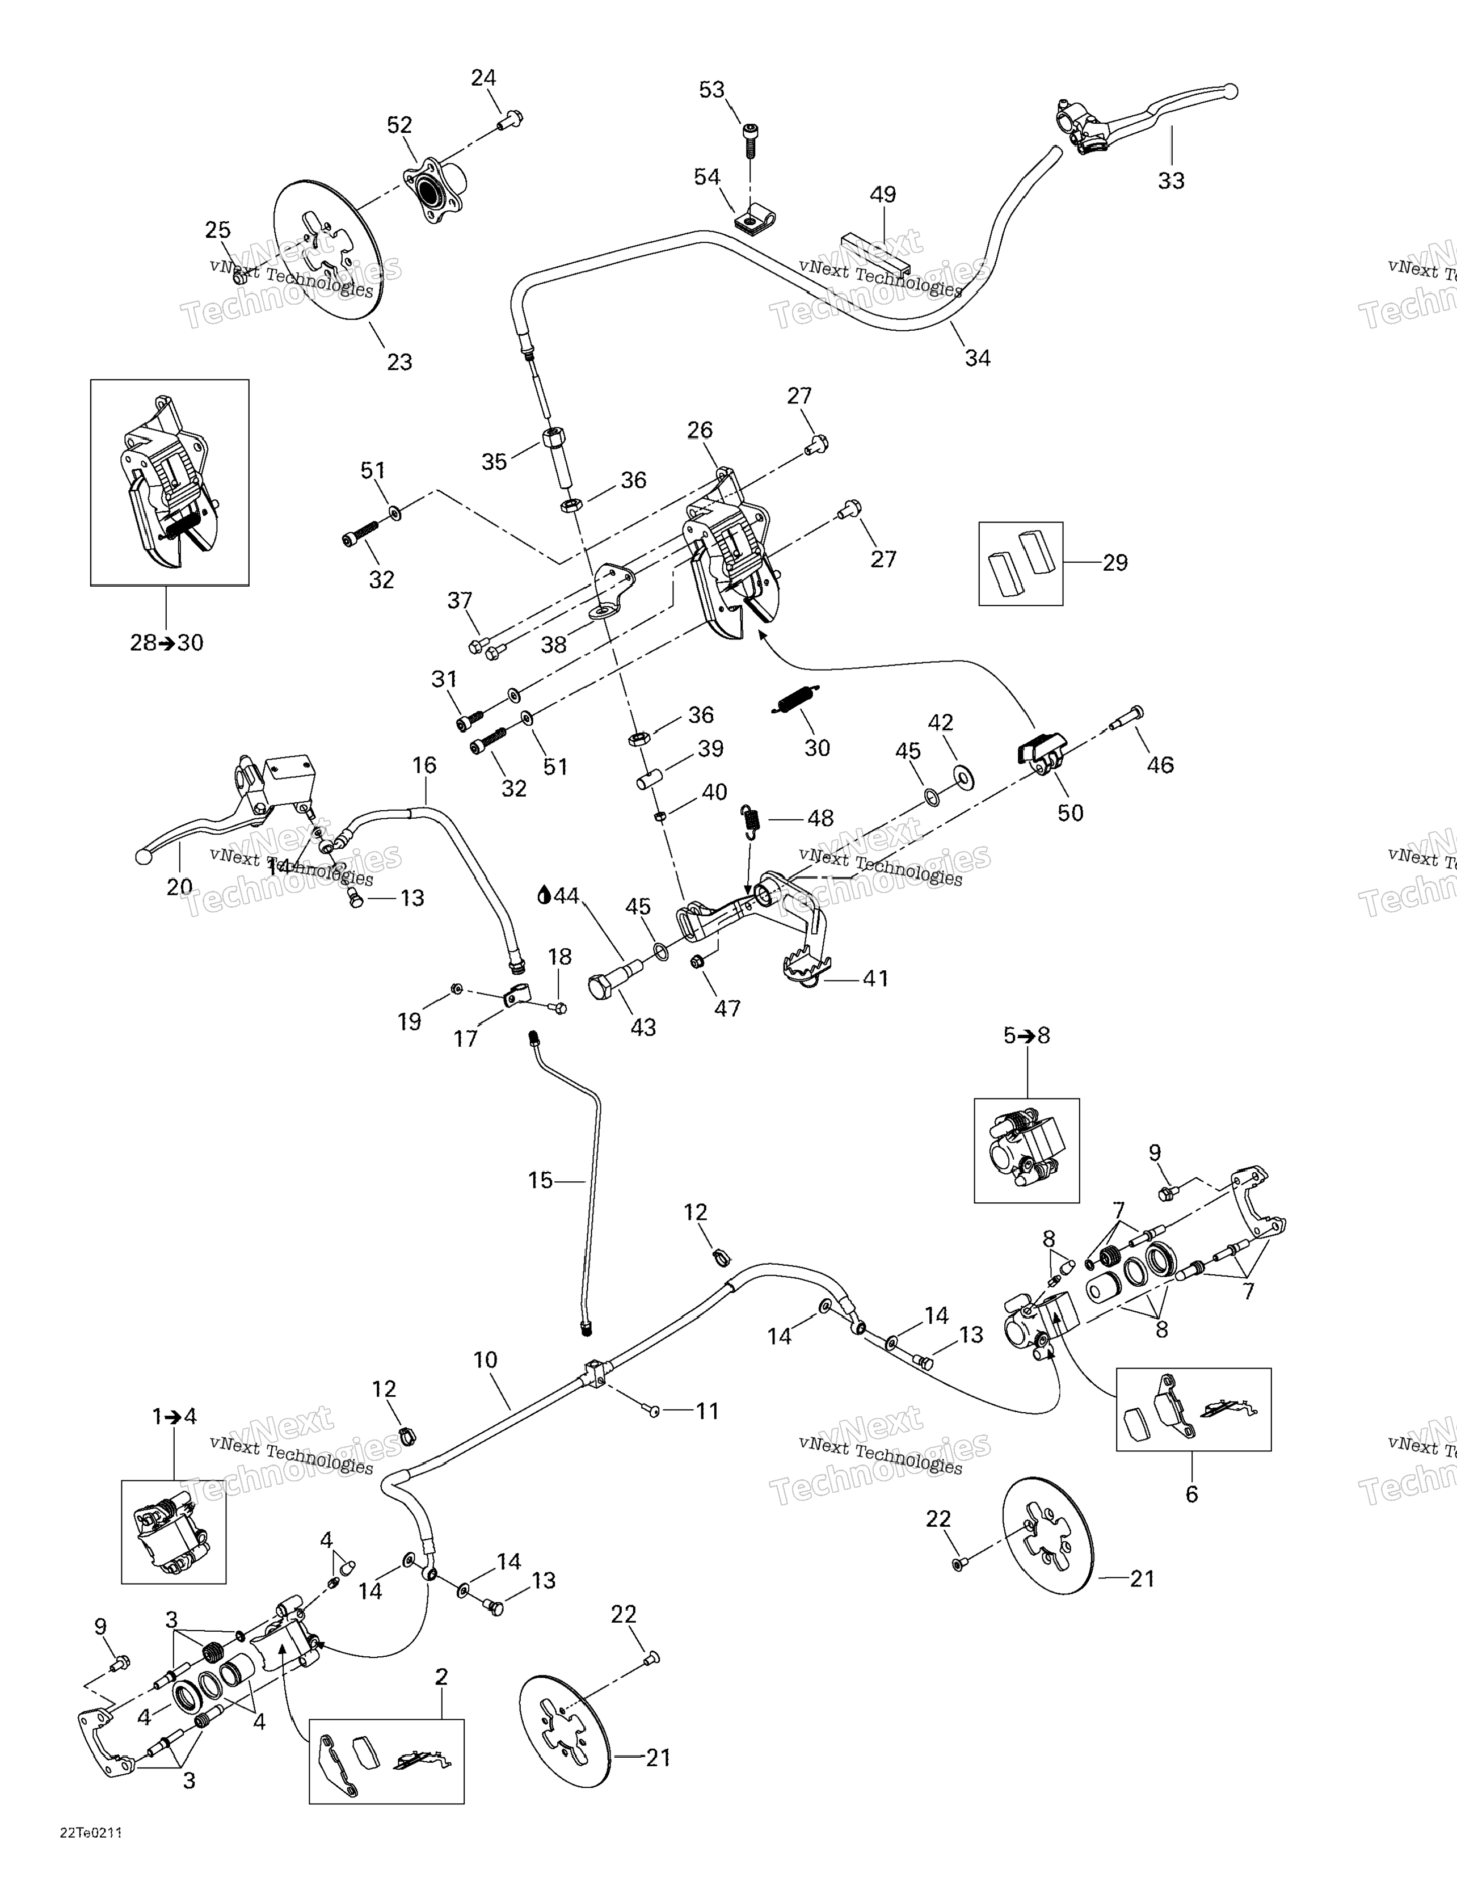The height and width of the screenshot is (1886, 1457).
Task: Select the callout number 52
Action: pos(399,125)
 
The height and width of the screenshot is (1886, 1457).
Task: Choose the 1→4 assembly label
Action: pos(174,1416)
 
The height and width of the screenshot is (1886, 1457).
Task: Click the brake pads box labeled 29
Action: pos(1021,563)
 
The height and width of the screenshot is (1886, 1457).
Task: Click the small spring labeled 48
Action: pos(751,819)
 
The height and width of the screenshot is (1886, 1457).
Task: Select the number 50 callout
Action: pos(1070,813)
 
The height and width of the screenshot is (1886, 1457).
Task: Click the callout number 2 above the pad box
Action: pos(441,1677)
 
